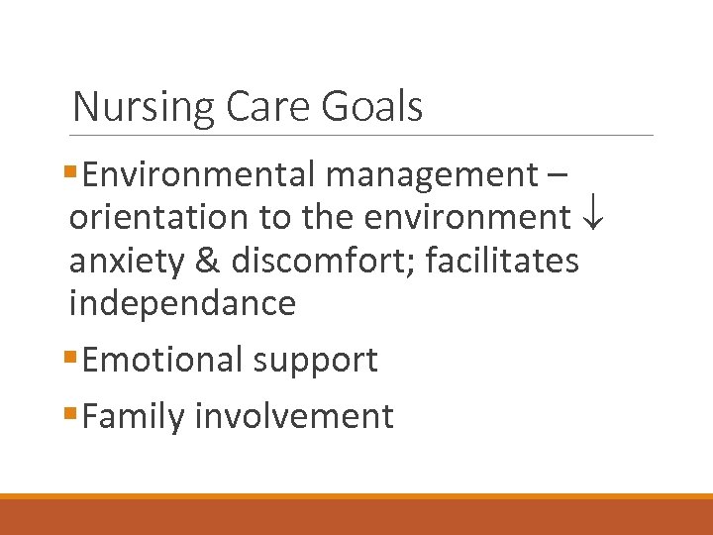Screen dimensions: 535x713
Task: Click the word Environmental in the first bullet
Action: (x=199, y=174)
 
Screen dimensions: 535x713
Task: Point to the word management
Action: (x=430, y=176)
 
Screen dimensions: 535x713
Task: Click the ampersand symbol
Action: (x=209, y=261)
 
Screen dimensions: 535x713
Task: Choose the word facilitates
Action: (x=502, y=261)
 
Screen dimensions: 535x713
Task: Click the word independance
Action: (x=182, y=303)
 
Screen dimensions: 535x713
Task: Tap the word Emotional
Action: (x=163, y=360)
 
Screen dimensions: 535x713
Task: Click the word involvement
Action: (x=294, y=417)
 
